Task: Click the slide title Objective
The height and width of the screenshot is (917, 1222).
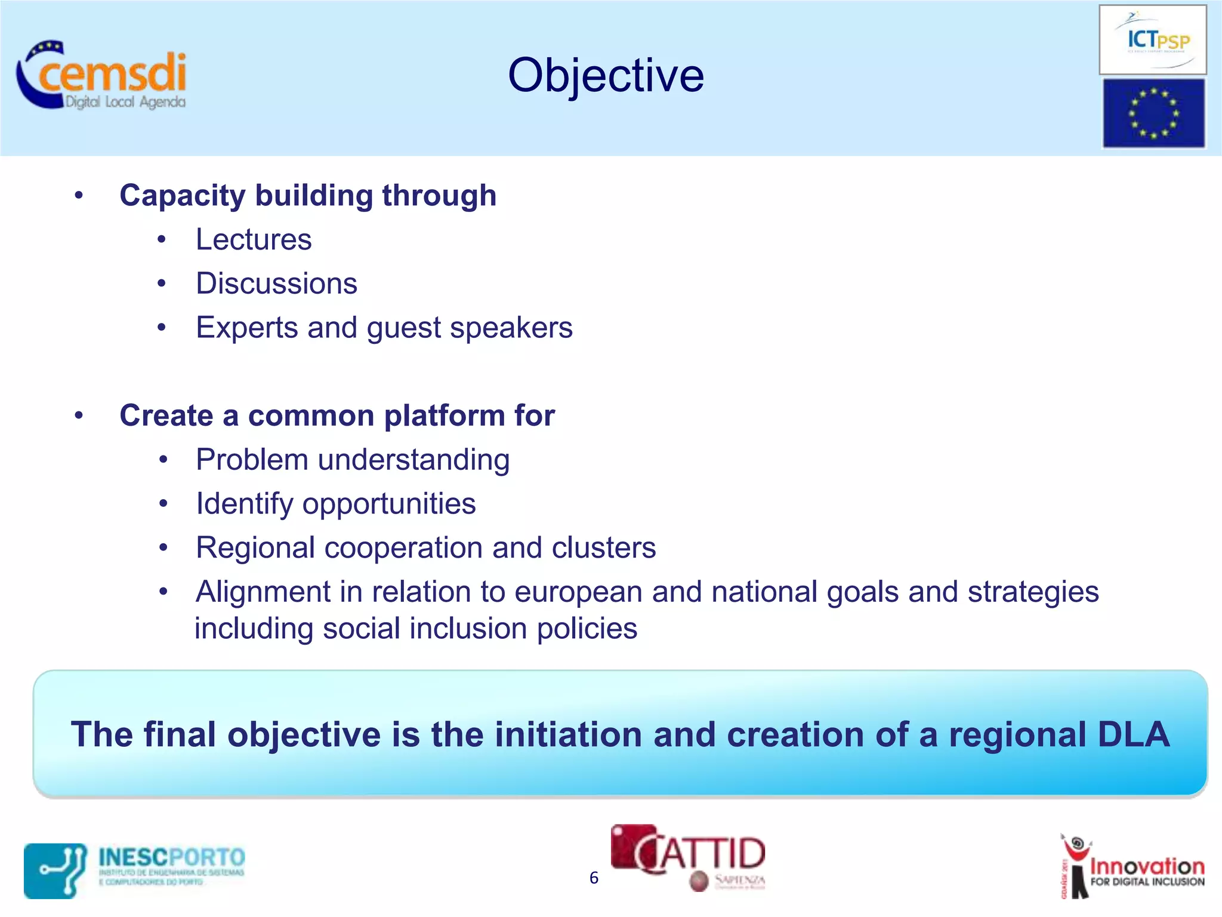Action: click(606, 76)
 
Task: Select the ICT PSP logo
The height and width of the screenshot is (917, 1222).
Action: click(1152, 40)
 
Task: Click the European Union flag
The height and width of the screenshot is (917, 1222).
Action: click(1153, 113)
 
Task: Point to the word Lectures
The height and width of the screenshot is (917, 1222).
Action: click(254, 240)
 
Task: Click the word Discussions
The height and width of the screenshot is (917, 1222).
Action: click(276, 284)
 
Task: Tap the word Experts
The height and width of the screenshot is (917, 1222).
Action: click(246, 328)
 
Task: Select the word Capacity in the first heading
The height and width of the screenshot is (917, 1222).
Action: click(182, 196)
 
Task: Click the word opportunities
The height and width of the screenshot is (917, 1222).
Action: click(389, 504)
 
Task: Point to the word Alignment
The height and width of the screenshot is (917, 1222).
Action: click(263, 592)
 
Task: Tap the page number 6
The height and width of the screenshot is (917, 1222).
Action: click(594, 878)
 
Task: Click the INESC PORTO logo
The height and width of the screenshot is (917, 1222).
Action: click(135, 869)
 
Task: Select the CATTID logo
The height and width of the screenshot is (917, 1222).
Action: click(687, 857)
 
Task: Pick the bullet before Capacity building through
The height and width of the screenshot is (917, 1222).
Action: click(79, 196)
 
